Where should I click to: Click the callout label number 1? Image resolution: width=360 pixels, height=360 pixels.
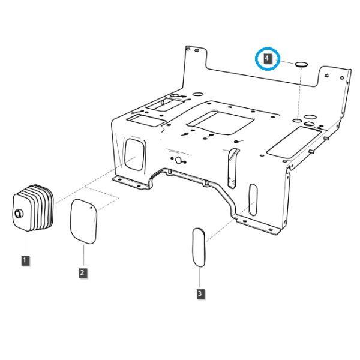pos(25,260)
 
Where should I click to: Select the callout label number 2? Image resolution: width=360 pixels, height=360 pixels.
pos(83,273)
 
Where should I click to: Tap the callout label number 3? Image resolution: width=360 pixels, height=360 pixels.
pos(200,293)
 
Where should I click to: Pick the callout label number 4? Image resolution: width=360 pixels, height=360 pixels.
pos(267,58)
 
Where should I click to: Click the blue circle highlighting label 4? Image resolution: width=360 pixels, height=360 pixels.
pos(256,59)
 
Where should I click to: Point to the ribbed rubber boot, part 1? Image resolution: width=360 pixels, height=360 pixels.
pos(33,208)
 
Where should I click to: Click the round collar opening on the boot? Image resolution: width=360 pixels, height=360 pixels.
pos(19,214)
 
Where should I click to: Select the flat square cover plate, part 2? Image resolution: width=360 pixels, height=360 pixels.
pos(83,221)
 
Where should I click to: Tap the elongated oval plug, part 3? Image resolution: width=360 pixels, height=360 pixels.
pos(199,247)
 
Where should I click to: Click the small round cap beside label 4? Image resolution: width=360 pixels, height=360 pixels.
pos(301,64)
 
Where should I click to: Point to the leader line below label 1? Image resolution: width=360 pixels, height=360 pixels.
pos(26,244)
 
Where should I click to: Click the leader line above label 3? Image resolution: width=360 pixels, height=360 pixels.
pos(200,278)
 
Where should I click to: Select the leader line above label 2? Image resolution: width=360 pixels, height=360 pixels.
pos(83,256)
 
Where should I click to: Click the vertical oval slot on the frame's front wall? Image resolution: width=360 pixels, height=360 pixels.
pos(253,200)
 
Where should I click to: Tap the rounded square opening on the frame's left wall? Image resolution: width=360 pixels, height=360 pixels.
pos(135,155)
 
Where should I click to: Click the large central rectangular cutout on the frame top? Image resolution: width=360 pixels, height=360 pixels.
pos(221,123)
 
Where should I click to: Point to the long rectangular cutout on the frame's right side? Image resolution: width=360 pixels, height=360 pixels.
pos(293,142)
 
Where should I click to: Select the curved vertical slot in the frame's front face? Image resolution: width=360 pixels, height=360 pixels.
pos(232,168)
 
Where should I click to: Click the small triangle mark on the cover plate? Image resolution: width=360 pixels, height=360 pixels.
pos(91,207)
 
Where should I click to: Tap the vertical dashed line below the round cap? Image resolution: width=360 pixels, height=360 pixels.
pos(299,93)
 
